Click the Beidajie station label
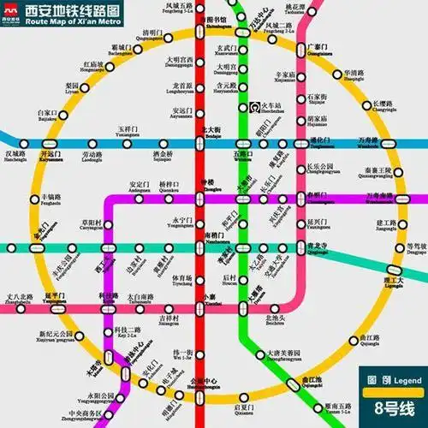pyautogui.click(x=211, y=133)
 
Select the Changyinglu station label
pyautogui.click(x=384, y=108)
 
